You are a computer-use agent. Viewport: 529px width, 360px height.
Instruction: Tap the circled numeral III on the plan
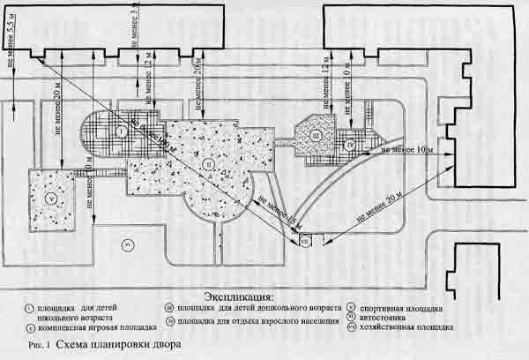coord(315,135)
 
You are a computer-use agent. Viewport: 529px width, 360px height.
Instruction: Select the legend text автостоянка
coord(402,317)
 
